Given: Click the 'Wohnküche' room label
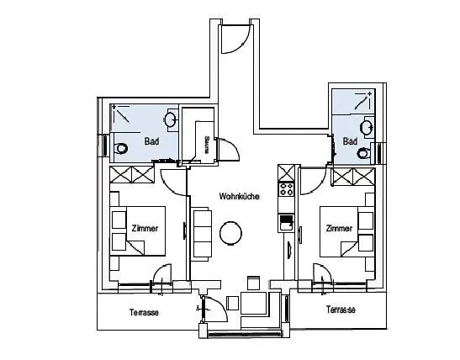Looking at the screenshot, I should [x=238, y=196].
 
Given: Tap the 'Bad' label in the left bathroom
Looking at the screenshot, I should [x=151, y=141].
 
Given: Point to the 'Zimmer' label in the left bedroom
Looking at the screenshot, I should [x=145, y=229].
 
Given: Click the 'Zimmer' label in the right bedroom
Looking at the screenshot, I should [x=339, y=229].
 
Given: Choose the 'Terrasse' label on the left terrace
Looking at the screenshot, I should [x=145, y=311].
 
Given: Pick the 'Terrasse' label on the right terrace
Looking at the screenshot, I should [x=341, y=310].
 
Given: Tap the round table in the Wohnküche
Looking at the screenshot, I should [x=230, y=234].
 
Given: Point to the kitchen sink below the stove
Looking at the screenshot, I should [x=287, y=222].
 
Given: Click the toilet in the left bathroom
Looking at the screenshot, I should [x=121, y=149].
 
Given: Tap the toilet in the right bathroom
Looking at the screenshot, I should [x=363, y=153].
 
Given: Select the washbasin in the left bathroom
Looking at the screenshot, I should [x=171, y=120].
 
